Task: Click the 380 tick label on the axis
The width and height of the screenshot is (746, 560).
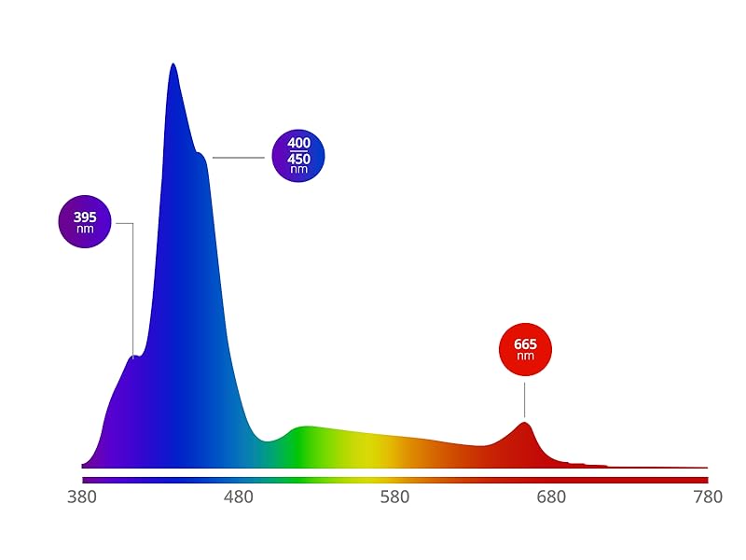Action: [x=82, y=497]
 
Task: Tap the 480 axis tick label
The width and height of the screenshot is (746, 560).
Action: [x=239, y=497]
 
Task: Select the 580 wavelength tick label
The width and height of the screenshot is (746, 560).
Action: [x=395, y=497]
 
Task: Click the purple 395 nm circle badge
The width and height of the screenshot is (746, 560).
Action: [x=85, y=222]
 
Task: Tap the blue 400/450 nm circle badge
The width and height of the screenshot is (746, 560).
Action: [x=298, y=155]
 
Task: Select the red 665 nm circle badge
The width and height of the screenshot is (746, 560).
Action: [x=526, y=349]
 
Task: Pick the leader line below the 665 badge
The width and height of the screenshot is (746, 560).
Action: [x=525, y=399]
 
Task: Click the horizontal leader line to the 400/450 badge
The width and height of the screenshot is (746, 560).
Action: [x=239, y=157]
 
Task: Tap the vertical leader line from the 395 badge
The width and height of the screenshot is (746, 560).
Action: [x=132, y=289]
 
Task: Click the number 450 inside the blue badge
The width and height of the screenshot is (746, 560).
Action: [x=298, y=159]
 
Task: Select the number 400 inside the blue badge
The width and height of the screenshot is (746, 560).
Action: [x=298, y=143]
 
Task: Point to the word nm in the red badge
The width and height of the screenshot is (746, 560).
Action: [x=526, y=357]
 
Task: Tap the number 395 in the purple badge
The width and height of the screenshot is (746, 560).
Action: [x=85, y=217]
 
